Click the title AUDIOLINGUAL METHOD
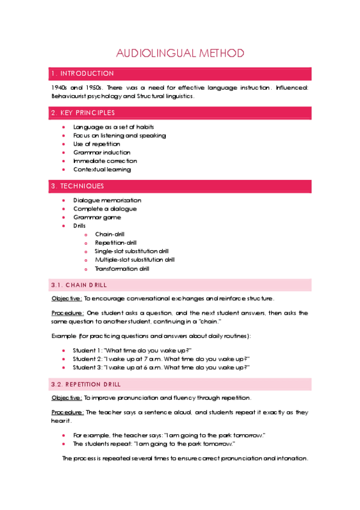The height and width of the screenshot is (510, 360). tap(180, 54)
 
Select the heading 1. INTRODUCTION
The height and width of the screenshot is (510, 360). tap(82, 74)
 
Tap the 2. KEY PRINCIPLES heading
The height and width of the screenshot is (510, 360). tap(84, 112)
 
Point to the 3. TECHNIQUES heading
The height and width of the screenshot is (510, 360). tap(78, 186)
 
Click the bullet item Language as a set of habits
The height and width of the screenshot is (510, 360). tap(114, 127)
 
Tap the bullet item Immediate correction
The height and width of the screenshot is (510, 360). tap(105, 161)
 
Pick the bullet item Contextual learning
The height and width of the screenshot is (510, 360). tap(102, 169)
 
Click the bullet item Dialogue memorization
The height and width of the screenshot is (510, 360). tap(107, 200)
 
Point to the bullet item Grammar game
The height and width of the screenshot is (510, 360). tap(97, 217)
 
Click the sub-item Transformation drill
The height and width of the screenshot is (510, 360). tap(122, 269)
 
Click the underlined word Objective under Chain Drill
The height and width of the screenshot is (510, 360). tap(67, 298)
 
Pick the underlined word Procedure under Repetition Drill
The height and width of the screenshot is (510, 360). tap(67, 412)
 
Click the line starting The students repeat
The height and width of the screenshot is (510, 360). tap(153, 444)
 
